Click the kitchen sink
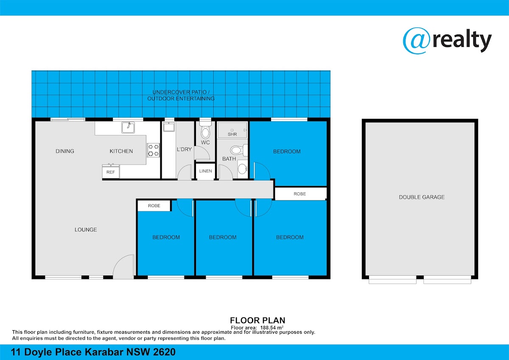[x=128, y=127]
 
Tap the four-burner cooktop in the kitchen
[x=154, y=150]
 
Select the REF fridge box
[x=111, y=172]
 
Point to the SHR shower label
[x=232, y=134]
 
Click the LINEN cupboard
[x=205, y=171]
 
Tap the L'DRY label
[x=184, y=149]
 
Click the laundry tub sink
[x=169, y=127]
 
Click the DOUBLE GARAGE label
[x=422, y=197]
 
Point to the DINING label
[x=65, y=151]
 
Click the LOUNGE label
[x=86, y=230]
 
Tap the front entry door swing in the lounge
[x=123, y=267]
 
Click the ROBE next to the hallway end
[x=300, y=194]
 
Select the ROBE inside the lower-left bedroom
[x=154, y=205]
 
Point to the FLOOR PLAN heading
[x=257, y=320]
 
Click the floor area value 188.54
[x=267, y=328]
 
